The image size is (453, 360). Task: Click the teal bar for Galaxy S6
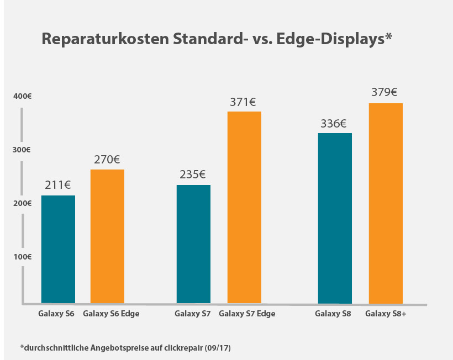(58, 249)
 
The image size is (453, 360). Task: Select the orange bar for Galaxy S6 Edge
(107, 236)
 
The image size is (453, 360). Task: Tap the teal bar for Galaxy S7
(193, 244)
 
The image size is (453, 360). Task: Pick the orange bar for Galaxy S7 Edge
(244, 207)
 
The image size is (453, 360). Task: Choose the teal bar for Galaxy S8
(335, 218)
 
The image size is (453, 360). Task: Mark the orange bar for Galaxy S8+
(385, 203)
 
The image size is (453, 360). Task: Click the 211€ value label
(59, 186)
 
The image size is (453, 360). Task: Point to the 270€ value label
(107, 160)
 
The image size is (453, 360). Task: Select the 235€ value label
(193, 174)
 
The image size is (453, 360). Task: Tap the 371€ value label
(243, 102)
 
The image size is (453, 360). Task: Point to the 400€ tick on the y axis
(22, 96)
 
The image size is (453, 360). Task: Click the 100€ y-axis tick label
(22, 257)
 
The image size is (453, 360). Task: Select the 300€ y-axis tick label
(22, 150)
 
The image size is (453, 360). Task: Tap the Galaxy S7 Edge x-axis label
(247, 314)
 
